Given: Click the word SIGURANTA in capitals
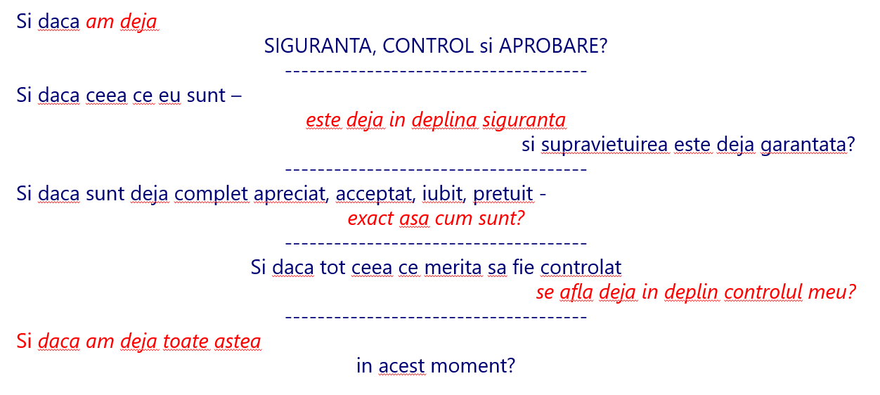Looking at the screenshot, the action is [x=318, y=46].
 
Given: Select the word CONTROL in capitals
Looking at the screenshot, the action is [x=428, y=46].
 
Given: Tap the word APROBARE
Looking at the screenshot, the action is [x=554, y=46].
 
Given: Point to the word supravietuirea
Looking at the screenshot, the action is [x=604, y=145].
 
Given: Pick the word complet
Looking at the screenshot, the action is [x=212, y=194].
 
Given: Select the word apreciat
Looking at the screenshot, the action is [x=290, y=194].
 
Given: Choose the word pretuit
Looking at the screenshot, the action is [x=503, y=194].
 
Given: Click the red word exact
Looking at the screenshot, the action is [x=370, y=219].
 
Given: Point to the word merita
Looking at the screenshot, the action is [x=453, y=268].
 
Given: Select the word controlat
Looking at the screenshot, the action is [x=581, y=268].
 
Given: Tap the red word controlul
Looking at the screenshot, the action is [x=763, y=292].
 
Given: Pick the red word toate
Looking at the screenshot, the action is [x=186, y=341].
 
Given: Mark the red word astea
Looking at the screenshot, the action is [x=238, y=342].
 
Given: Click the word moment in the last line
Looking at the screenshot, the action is [x=472, y=366].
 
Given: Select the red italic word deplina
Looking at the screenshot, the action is [x=444, y=120].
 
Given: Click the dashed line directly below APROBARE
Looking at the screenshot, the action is [x=436, y=72].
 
